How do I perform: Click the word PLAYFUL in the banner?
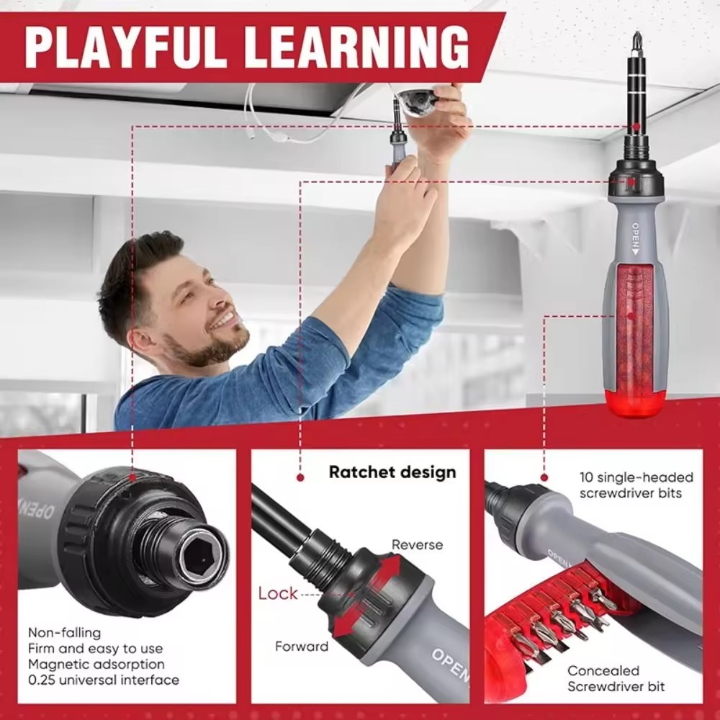pyautogui.click(x=125, y=47)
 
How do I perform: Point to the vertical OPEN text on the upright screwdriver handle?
pyautogui.click(x=636, y=239)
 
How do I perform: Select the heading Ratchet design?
pyautogui.click(x=392, y=472)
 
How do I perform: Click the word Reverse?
pyautogui.click(x=417, y=544)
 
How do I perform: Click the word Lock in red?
pyautogui.click(x=277, y=593)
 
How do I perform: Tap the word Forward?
pyautogui.click(x=302, y=646)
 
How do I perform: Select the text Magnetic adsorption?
pyautogui.click(x=96, y=664)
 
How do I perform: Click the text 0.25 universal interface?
pyautogui.click(x=103, y=680)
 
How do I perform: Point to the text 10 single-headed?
pyautogui.click(x=636, y=477)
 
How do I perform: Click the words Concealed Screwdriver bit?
pyautogui.click(x=616, y=679)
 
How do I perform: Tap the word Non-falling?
pyautogui.click(x=64, y=633)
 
